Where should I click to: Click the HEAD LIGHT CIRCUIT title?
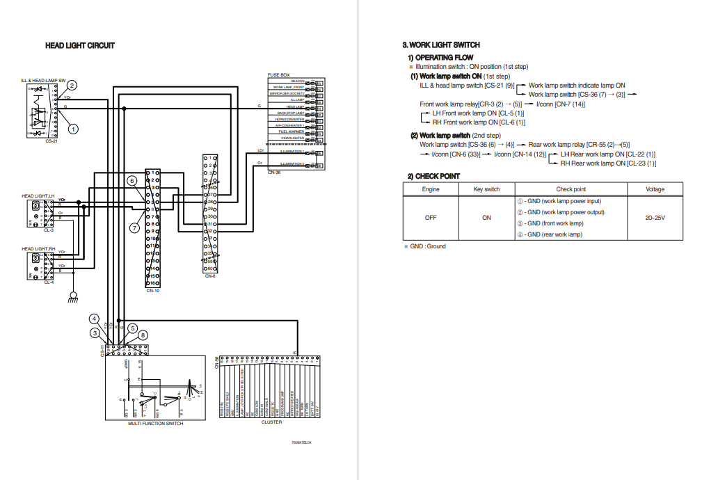point(80,46)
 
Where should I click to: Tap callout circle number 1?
point(73,129)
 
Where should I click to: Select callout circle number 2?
point(72,86)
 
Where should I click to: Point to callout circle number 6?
point(131,181)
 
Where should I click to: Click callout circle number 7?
point(135,227)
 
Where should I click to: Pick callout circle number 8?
point(143,335)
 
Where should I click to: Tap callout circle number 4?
point(94,319)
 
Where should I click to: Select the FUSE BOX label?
point(278,74)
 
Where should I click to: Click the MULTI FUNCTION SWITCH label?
point(155,424)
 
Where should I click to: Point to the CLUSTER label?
point(271,422)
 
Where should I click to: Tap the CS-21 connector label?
point(51,141)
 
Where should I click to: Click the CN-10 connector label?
point(153,290)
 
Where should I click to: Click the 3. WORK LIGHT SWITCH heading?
point(441,45)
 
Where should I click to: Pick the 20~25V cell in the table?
point(655,218)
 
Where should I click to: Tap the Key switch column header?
point(486,189)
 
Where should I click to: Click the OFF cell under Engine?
point(431,218)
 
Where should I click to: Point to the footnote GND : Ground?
point(427,246)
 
